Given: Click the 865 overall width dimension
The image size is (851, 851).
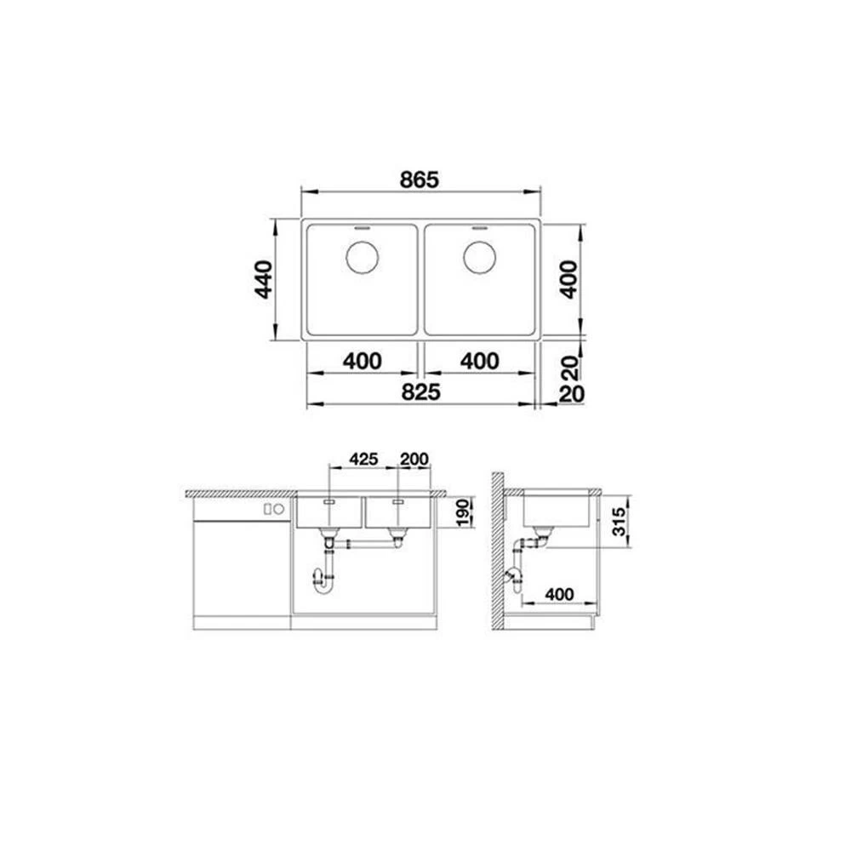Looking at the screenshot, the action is (419, 180).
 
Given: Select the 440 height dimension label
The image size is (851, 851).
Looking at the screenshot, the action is (265, 279).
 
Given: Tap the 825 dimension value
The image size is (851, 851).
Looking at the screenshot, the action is (420, 391).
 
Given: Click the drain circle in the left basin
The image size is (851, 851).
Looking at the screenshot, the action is (362, 257).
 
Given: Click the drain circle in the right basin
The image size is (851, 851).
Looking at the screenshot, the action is (480, 257).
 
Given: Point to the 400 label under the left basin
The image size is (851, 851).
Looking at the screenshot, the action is (362, 361).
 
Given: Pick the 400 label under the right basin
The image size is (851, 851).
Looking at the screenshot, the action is (480, 361).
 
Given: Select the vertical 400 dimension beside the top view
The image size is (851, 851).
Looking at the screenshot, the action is (568, 279).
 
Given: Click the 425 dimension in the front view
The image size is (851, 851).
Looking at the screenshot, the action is (363, 460).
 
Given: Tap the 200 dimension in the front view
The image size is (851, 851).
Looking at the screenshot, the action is (414, 460).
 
